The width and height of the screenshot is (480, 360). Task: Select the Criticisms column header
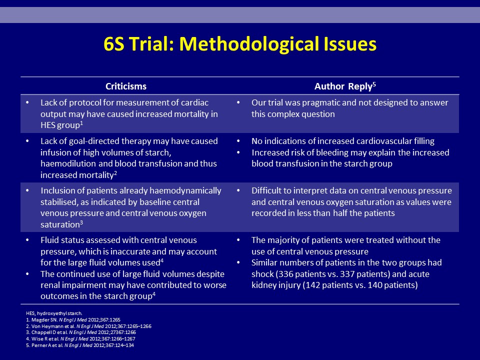(126, 86)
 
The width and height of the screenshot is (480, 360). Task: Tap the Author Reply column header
(343, 86)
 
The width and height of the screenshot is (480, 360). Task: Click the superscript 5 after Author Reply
(374, 84)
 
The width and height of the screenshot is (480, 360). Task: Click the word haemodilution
(68, 163)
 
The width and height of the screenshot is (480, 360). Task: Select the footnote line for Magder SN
(73, 320)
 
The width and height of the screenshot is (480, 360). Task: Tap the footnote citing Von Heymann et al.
(89, 326)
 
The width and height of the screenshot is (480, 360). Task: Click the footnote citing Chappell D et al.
(81, 332)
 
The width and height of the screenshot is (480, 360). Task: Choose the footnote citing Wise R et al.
(81, 339)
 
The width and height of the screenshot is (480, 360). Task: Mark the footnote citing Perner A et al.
(80, 345)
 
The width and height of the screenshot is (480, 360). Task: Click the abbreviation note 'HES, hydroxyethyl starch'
(54, 313)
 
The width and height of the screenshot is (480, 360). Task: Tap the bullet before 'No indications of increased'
(238, 141)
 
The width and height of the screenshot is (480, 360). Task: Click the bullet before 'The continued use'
(27, 274)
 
